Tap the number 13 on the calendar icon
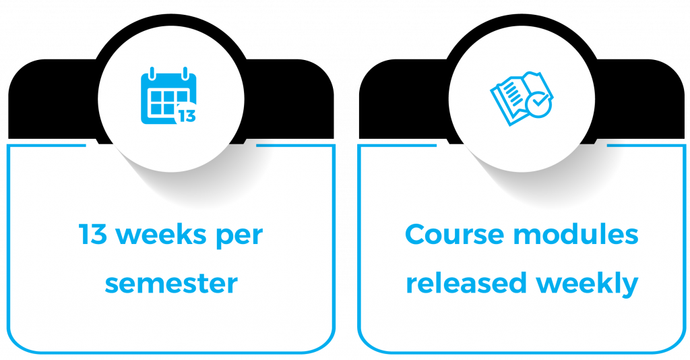coord(187,116)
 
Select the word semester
coord(171,283)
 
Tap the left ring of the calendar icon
coord(153,73)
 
